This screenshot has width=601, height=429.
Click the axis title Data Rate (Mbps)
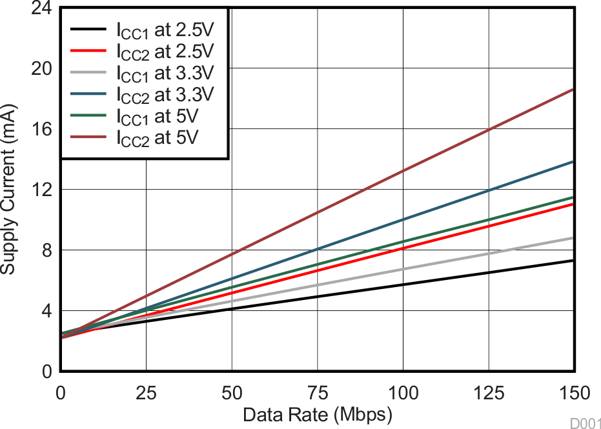coord(317,415)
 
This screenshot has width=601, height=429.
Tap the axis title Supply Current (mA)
coord(9,189)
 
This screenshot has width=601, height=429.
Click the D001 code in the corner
coord(585,423)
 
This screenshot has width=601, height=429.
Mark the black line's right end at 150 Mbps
coord(573,261)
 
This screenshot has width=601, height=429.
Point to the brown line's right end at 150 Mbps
coord(573,90)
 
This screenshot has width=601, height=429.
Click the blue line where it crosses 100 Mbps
coord(403,220)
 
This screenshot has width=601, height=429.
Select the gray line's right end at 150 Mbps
coord(573,238)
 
